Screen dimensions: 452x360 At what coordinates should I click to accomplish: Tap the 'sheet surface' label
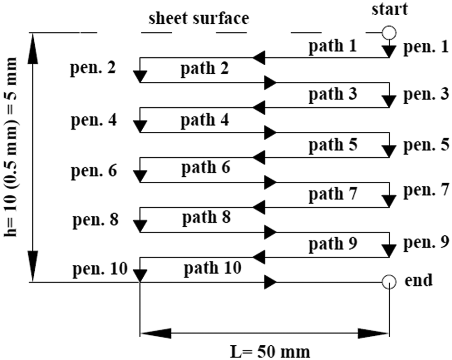point(199,18)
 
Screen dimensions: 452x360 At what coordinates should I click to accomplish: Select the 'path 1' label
point(333,46)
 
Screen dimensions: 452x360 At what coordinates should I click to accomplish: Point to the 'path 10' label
point(213,268)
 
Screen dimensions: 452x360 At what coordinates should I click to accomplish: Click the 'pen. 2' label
point(93,68)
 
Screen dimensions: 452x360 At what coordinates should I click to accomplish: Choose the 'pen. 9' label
point(426,242)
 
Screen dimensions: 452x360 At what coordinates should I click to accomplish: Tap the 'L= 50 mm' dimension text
point(270,352)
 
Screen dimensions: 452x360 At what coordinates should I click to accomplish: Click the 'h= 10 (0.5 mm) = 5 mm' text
point(10,147)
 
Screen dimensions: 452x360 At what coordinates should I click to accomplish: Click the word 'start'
point(390,9)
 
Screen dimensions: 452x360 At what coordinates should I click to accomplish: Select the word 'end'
point(419,280)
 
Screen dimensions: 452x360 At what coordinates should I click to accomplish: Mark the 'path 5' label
point(333,145)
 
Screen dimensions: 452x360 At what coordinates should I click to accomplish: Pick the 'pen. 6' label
point(94,170)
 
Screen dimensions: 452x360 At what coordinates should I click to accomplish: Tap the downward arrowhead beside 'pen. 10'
point(140,276)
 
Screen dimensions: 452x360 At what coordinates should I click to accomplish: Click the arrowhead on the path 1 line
point(259,58)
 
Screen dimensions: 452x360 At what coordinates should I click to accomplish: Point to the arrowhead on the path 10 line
point(271,282)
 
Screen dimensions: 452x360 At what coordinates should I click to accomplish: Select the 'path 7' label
point(333,194)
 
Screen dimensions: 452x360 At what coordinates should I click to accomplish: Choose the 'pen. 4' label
point(94,120)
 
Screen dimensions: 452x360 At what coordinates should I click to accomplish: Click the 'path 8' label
point(206,217)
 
